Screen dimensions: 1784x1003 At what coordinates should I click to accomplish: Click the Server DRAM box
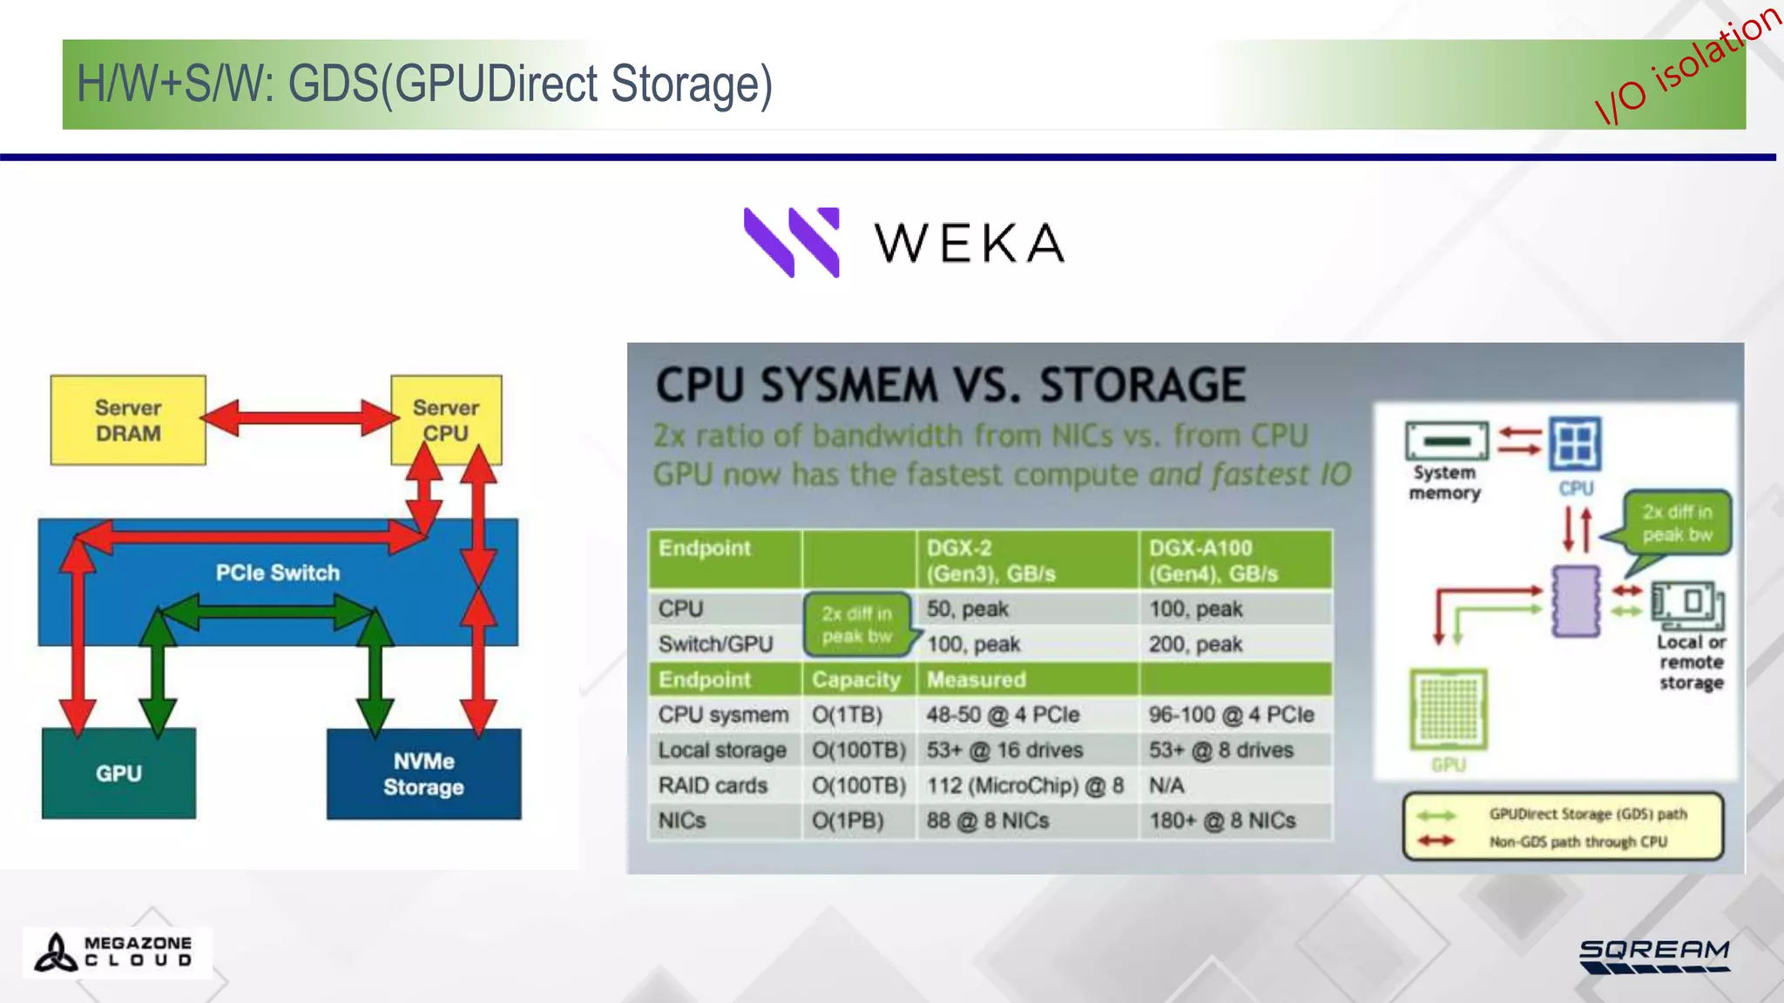[x=128, y=420]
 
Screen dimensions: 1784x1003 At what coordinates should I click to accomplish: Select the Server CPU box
[x=446, y=420]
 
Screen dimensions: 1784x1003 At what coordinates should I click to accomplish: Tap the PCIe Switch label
[x=278, y=573]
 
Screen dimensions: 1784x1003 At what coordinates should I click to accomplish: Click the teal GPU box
[x=118, y=773]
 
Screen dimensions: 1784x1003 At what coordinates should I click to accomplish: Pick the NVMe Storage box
[x=423, y=774]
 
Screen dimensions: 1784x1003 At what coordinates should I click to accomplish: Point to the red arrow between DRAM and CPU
[x=299, y=418]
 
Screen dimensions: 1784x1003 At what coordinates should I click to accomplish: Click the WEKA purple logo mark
[x=792, y=242]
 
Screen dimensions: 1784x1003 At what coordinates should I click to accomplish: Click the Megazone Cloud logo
[x=115, y=952]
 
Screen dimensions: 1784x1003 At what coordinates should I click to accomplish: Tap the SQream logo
[x=1654, y=955]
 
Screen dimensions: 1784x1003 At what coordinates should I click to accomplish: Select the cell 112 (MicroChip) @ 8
[x=1024, y=785]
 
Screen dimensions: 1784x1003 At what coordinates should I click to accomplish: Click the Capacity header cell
[x=856, y=679]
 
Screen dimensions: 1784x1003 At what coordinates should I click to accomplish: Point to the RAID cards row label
[x=713, y=785]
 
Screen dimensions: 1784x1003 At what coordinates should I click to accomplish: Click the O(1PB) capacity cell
[x=848, y=821]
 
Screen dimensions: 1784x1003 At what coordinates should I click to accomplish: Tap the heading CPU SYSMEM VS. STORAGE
[x=950, y=385]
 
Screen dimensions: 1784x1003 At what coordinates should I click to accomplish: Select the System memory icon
[x=1447, y=441]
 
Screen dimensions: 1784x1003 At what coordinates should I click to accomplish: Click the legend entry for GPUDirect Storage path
[x=1586, y=814]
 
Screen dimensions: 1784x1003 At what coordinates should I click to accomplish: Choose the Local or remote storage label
[x=1690, y=663]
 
